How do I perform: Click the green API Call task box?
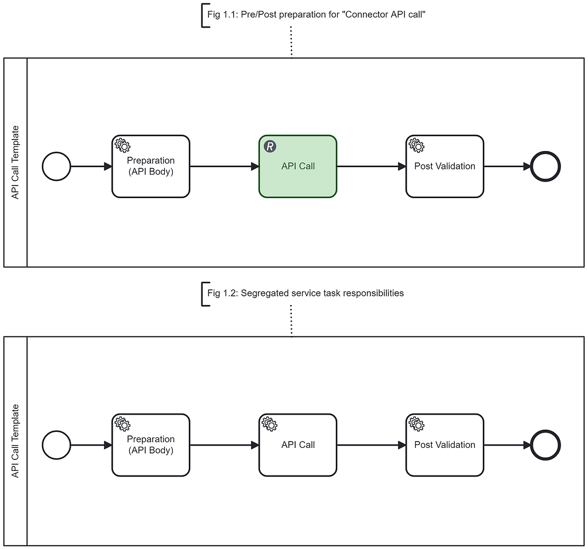(297, 172)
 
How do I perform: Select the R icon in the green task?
(270, 146)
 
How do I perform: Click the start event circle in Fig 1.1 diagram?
(56, 167)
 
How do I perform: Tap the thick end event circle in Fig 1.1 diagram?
(546, 167)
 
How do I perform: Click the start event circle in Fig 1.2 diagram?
(56, 445)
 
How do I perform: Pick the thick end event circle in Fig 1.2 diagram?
(546, 445)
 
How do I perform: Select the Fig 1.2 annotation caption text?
(305, 293)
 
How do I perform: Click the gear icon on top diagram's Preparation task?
(122, 145)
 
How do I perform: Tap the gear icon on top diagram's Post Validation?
(416, 145)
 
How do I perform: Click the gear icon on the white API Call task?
(269, 424)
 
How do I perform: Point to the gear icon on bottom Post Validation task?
(416, 424)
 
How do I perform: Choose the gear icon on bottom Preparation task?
(122, 424)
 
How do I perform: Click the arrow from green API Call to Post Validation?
(371, 167)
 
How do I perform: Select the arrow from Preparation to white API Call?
(224, 445)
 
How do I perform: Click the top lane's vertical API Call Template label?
(16, 163)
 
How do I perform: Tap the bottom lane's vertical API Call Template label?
(16, 441)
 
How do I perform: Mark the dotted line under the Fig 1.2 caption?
(292, 320)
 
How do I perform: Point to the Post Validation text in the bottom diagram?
(444, 444)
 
